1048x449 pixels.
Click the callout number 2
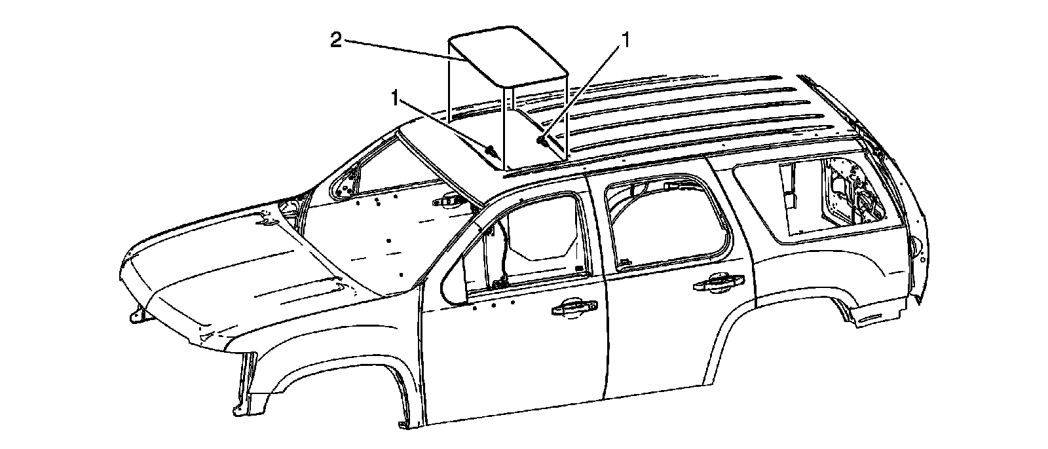pyautogui.click(x=335, y=41)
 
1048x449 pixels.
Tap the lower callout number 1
pyautogui.click(x=396, y=98)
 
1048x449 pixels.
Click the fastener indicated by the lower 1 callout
pyautogui.click(x=489, y=151)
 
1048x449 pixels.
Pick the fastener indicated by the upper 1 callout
pyautogui.click(x=541, y=139)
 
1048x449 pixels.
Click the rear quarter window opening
pyautogui.click(x=819, y=200)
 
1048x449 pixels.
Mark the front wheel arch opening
pyautogui.click(x=341, y=406)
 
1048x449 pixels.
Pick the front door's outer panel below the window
pyautogui.click(x=511, y=367)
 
